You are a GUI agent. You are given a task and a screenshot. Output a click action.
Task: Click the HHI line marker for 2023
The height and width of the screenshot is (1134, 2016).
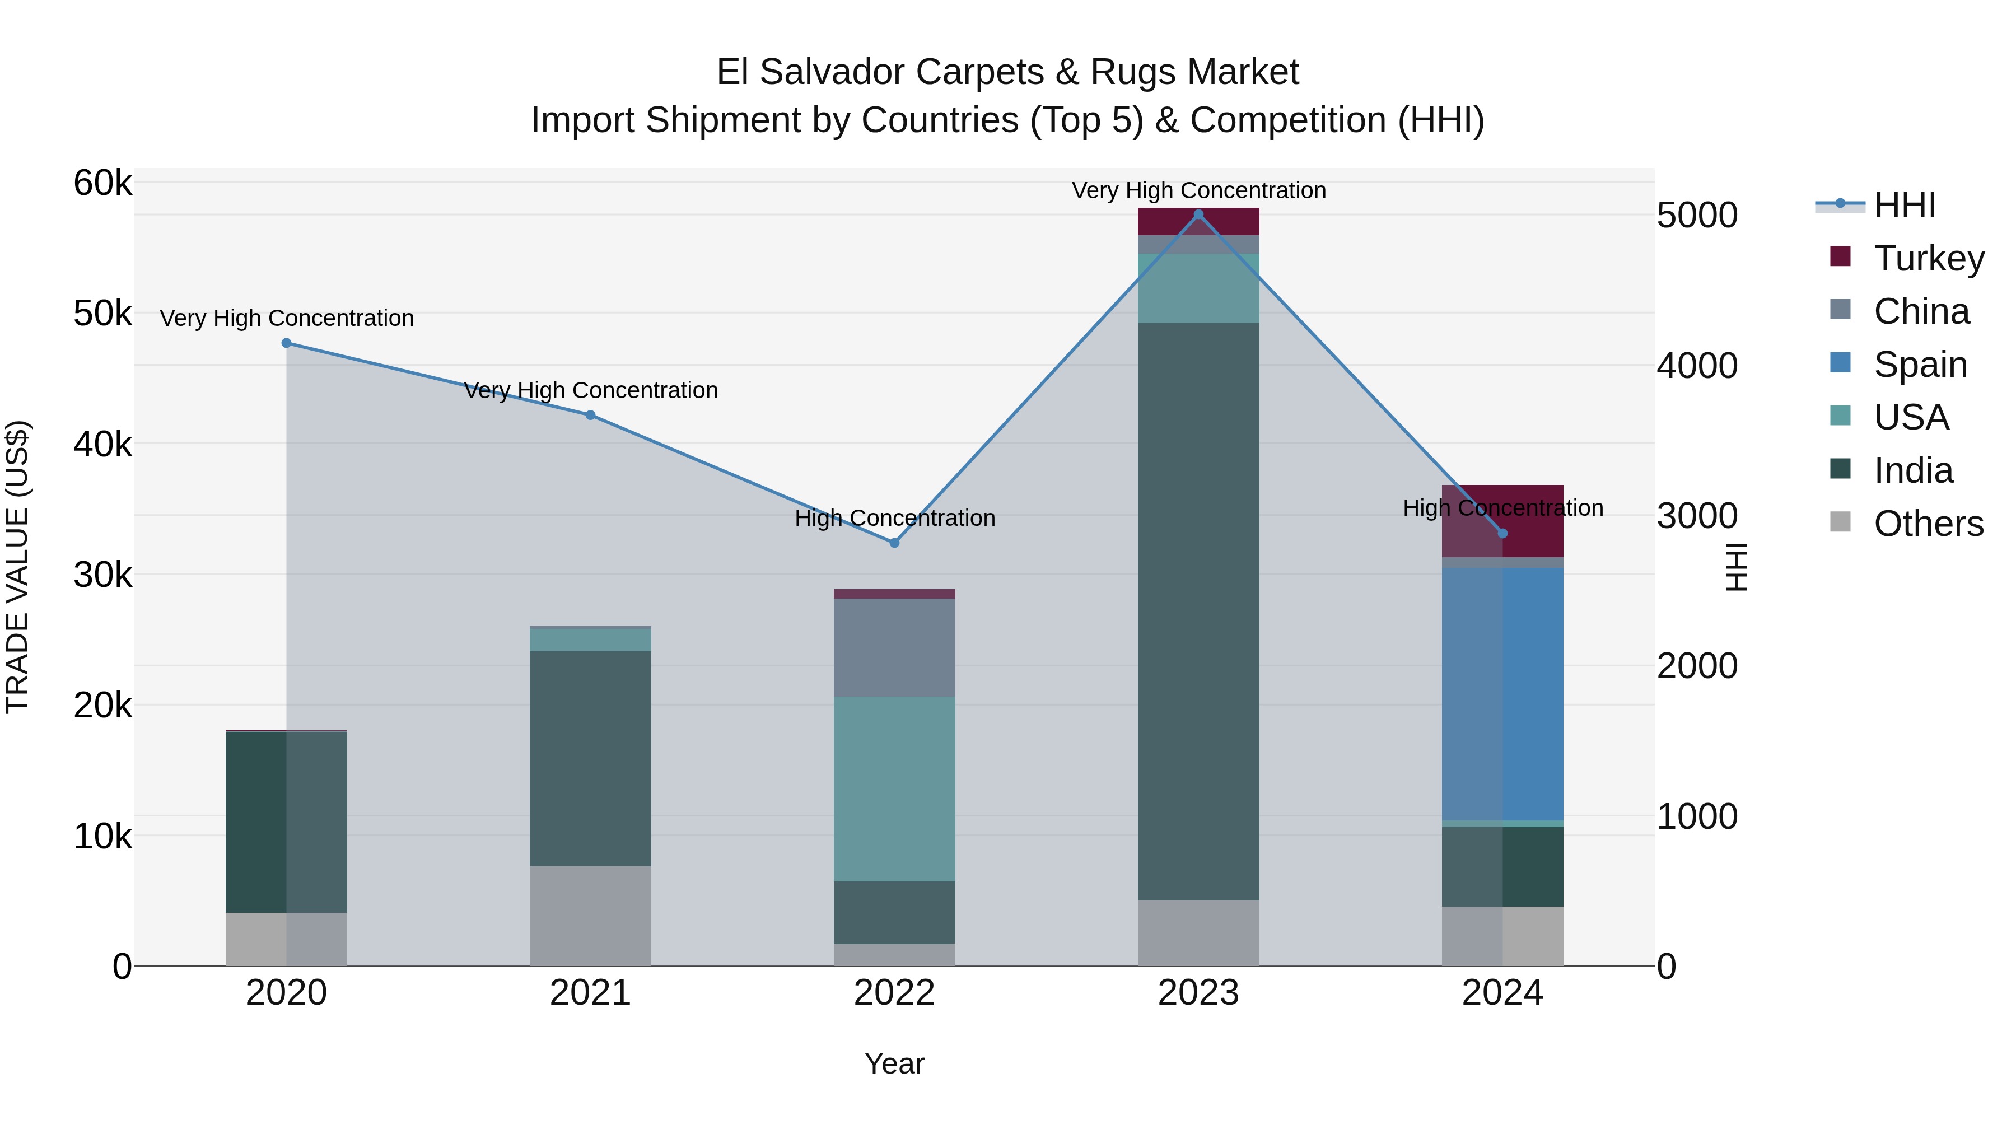1198,214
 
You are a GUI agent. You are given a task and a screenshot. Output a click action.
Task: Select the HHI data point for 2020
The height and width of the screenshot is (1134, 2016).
286,343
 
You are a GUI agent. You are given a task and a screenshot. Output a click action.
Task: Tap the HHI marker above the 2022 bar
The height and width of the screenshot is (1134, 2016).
894,542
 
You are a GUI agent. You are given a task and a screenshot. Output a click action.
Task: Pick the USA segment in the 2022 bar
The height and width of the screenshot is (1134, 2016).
894,789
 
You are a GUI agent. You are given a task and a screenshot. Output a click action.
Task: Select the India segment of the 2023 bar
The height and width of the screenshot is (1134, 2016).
1198,610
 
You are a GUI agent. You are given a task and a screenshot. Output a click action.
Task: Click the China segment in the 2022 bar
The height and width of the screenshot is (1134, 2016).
894,647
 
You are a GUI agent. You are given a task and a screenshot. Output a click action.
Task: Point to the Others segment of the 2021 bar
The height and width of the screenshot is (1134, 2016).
590,916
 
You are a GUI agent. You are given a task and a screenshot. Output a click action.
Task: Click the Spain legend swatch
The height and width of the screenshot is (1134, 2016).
1840,363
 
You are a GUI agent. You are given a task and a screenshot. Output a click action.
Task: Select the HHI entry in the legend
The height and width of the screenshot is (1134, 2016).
1903,205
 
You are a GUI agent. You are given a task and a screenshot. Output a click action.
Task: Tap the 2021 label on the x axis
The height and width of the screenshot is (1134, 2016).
590,993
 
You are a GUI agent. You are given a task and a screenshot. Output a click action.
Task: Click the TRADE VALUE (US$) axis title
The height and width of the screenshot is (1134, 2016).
18,567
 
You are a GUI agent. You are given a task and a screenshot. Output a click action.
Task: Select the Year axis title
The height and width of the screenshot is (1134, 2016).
894,1063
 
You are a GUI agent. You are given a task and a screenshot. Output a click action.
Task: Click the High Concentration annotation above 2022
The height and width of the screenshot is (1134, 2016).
894,518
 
